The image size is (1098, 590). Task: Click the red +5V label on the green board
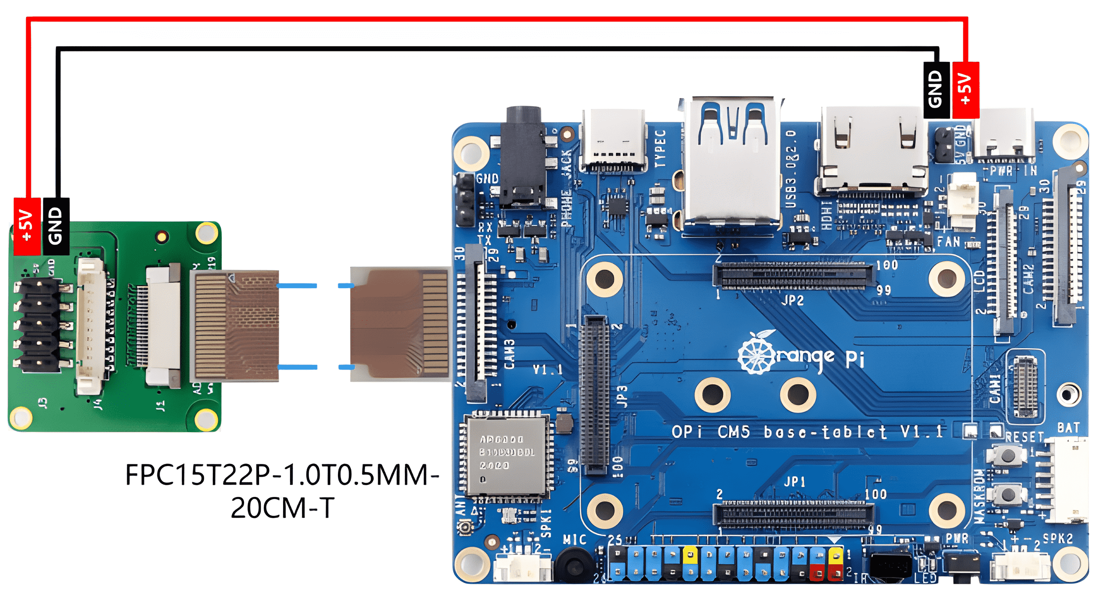click(x=27, y=226)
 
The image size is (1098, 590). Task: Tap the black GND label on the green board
click(x=56, y=226)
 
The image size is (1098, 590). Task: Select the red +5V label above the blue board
click(x=965, y=90)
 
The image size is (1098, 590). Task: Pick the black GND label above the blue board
click(x=936, y=90)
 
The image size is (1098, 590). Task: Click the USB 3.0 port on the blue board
click(x=732, y=161)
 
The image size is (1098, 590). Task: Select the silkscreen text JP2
click(x=792, y=300)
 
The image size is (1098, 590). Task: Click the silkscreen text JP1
click(x=794, y=482)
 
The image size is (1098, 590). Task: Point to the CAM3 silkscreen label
click(x=509, y=354)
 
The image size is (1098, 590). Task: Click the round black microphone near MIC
click(x=573, y=564)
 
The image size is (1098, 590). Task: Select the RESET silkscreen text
click(x=1025, y=437)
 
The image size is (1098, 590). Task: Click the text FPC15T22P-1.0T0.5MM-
click(x=282, y=475)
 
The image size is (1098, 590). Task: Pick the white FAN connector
click(x=963, y=202)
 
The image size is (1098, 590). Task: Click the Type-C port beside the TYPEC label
click(x=613, y=139)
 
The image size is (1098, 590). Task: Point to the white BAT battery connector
click(x=1068, y=480)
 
